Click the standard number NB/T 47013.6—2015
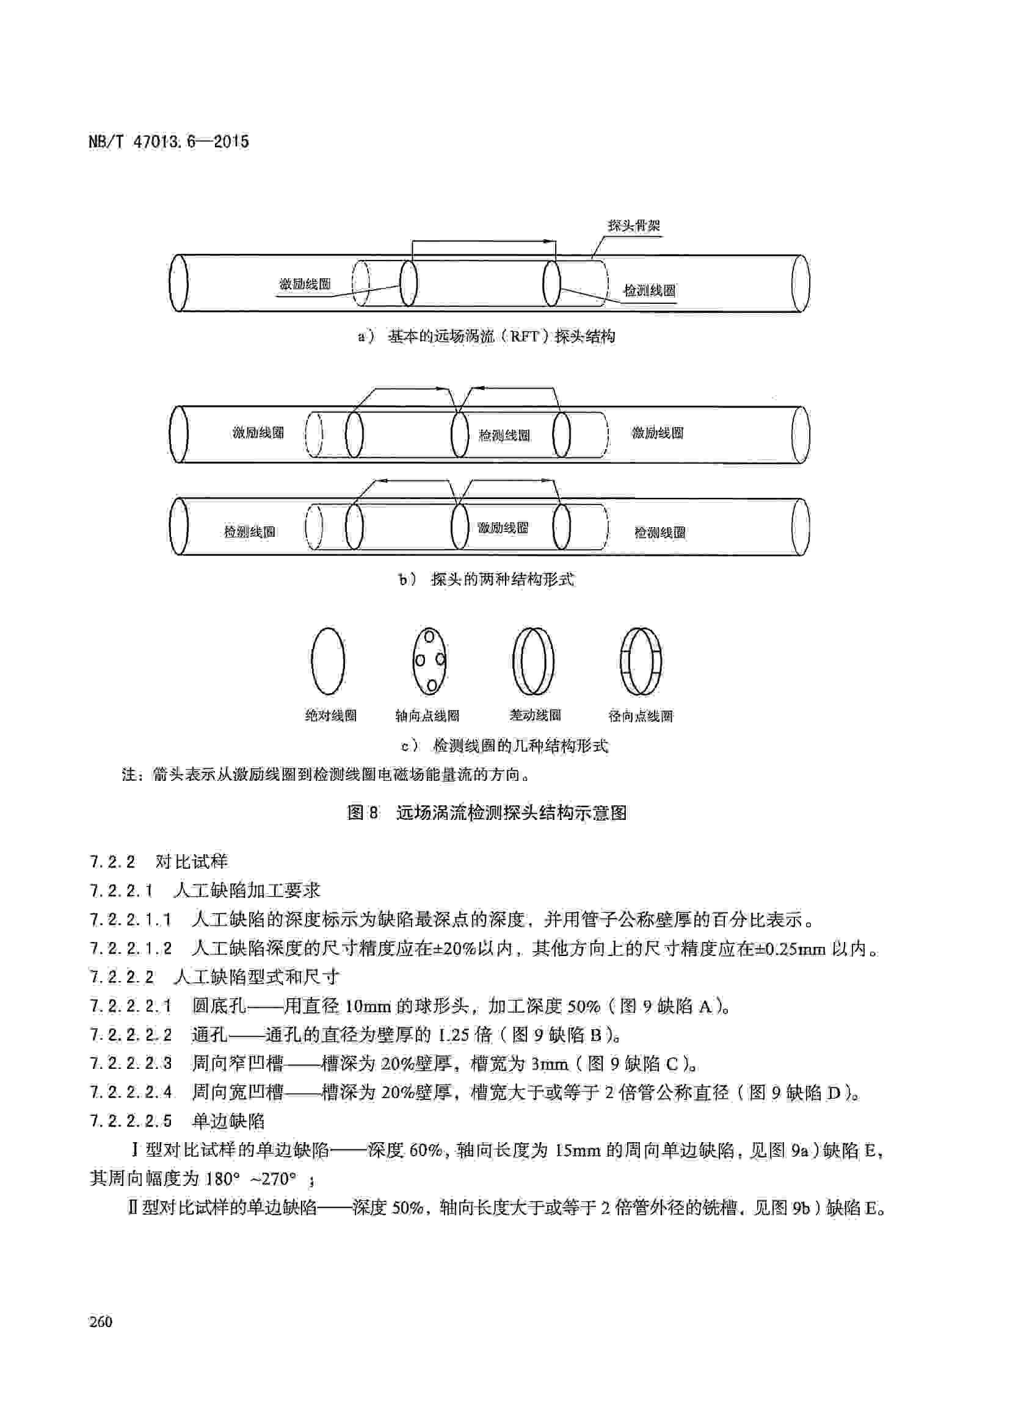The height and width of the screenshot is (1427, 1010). [x=169, y=142]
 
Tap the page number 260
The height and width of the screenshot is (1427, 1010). [x=101, y=1321]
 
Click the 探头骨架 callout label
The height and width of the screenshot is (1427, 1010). [x=634, y=226]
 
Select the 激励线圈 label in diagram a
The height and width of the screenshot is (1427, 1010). [x=304, y=285]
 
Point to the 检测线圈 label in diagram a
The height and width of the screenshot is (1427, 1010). [x=649, y=291]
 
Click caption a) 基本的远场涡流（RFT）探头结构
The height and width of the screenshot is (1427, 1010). [x=486, y=336]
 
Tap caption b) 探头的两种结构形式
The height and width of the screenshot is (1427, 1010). [x=486, y=579]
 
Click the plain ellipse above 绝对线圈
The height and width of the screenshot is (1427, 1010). [x=328, y=661]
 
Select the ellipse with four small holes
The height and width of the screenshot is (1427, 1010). [x=429, y=661]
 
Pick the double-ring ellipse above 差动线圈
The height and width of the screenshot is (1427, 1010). [x=533, y=661]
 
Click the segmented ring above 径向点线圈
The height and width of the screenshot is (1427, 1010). [x=641, y=661]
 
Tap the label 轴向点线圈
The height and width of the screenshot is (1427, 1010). [x=427, y=716]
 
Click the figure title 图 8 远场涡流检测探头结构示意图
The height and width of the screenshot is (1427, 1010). [x=486, y=812]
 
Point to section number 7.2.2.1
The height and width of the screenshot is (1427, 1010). [x=122, y=891]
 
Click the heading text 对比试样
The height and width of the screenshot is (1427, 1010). [x=192, y=861]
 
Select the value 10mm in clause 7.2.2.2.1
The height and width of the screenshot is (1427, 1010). [x=368, y=1006]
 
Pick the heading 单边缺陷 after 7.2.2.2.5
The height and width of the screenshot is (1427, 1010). [x=228, y=1121]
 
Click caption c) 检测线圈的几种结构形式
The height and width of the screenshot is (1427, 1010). [x=504, y=746]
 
